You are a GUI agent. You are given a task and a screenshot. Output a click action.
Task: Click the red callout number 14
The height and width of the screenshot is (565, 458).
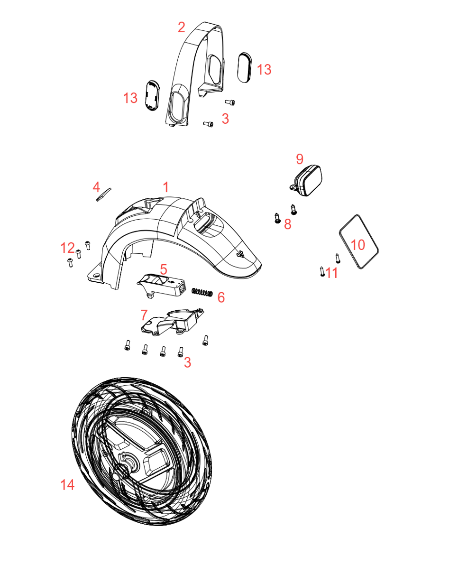click(x=67, y=485)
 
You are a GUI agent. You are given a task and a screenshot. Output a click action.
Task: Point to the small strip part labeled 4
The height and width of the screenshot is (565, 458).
click(x=104, y=195)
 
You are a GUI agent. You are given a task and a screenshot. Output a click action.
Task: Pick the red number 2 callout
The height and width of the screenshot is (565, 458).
click(x=182, y=28)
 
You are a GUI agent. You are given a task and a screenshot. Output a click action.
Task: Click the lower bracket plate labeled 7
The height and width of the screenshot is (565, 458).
click(x=172, y=322)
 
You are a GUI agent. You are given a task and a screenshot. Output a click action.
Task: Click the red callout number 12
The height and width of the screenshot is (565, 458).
click(x=67, y=248)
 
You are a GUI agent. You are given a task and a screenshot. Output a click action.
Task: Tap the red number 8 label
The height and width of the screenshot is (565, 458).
click(x=287, y=224)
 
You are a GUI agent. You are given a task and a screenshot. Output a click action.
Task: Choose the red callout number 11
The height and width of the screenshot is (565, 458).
click(x=331, y=273)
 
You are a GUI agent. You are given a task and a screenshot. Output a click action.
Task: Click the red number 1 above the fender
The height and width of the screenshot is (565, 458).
click(x=165, y=187)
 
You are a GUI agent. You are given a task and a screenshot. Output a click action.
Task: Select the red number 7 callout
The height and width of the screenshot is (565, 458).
click(x=144, y=315)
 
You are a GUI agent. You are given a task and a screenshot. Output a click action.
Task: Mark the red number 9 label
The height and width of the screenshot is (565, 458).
click(x=300, y=159)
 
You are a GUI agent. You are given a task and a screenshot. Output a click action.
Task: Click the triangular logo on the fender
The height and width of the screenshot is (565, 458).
click(x=240, y=253)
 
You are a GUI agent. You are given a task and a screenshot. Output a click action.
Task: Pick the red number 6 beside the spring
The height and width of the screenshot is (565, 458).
click(x=221, y=297)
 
